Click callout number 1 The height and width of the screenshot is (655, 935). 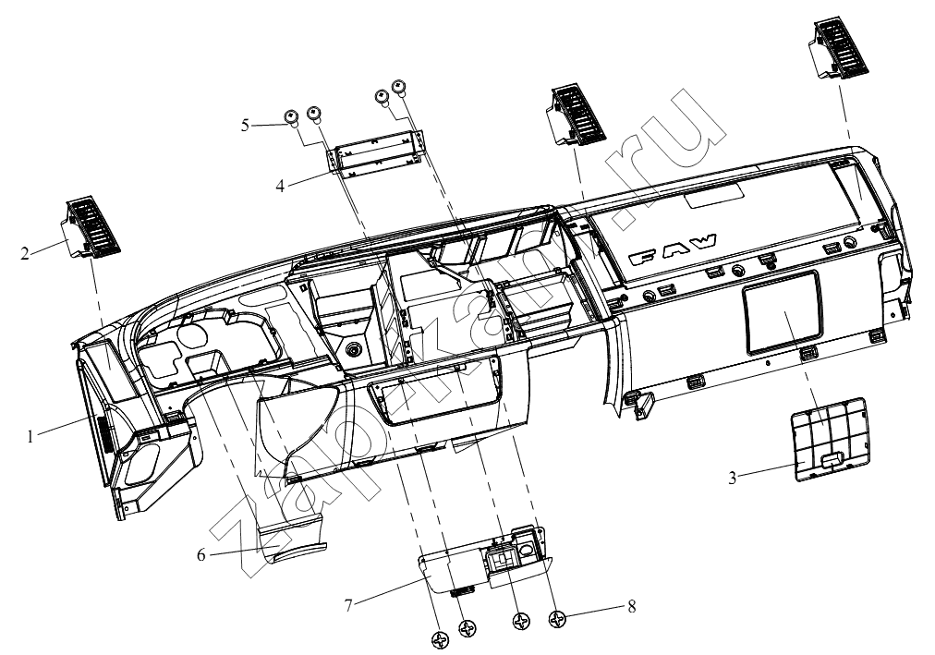pos(30,437)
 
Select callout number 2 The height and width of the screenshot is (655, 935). pos(24,254)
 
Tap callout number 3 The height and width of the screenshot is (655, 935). pos(733,478)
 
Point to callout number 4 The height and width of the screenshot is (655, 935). pos(280,186)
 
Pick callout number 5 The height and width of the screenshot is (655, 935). pos(245,126)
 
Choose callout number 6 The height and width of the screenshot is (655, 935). pos(201,555)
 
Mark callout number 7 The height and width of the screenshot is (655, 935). pos(349,605)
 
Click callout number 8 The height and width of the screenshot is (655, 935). pos(631,606)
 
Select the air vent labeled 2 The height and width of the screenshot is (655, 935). pos(90,225)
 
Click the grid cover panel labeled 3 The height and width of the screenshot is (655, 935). pos(828,438)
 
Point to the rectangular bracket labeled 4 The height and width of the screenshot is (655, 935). pos(377,153)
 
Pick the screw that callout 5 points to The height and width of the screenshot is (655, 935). pos(291,117)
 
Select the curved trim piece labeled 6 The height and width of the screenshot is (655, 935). pos(294,537)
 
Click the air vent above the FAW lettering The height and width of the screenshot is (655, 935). pos(577,115)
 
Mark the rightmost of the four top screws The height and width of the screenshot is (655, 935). pos(398,87)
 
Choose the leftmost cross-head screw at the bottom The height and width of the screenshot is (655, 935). pos(441,641)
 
